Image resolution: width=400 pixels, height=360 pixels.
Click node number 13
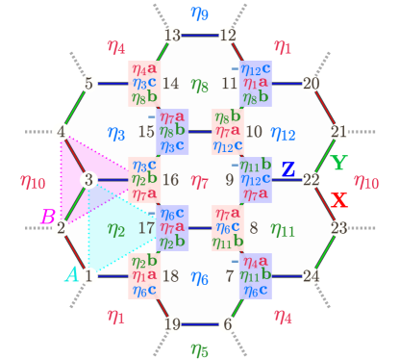coord(173,36)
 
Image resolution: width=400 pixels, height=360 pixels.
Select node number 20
coord(311,83)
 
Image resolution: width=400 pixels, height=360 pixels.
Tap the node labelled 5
coord(88,84)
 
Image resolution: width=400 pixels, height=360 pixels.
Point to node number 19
coord(173,323)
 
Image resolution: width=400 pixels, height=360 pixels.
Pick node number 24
coord(311,276)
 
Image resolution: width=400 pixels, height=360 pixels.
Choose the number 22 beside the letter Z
coord(311,179)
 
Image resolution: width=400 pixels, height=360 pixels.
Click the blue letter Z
coord(287,170)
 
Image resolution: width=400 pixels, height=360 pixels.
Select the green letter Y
coord(337,163)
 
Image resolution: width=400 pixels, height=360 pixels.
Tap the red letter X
coord(337,200)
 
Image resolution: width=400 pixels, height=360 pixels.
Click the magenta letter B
coord(46,217)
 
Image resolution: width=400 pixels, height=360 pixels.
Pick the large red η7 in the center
coord(200,180)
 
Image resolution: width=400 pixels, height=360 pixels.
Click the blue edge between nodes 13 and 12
coord(200,36)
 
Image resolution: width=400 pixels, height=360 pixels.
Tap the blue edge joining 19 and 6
coord(200,324)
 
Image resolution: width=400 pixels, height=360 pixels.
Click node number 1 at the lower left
coord(88,276)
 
